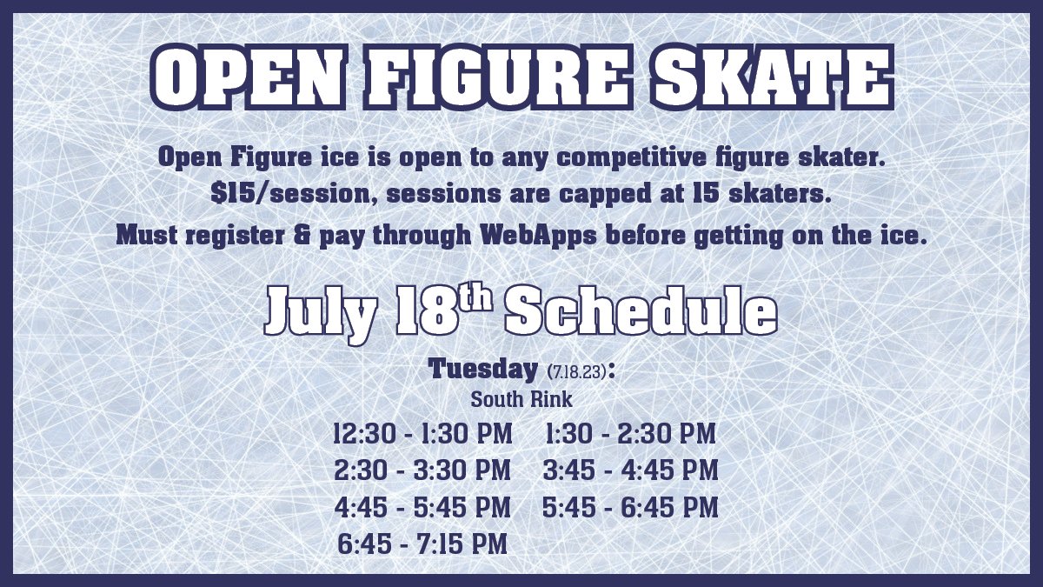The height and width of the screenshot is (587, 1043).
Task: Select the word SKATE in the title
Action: (774, 77)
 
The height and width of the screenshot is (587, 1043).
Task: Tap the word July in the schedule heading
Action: (321, 310)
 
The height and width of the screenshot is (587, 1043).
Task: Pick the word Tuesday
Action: (483, 369)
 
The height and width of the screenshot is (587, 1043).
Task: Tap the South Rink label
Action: (521, 401)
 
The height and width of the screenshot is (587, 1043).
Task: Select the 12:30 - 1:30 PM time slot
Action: (422, 433)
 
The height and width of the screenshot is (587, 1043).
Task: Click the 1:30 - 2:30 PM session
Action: (630, 433)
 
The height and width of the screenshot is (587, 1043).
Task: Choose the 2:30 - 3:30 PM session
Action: (422, 470)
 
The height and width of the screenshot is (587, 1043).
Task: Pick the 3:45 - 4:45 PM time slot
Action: (630, 470)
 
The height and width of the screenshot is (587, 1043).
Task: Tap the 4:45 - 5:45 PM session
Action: (422, 507)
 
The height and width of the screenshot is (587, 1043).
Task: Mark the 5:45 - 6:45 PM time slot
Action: (630, 507)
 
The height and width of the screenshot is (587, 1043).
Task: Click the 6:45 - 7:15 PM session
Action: (422, 544)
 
